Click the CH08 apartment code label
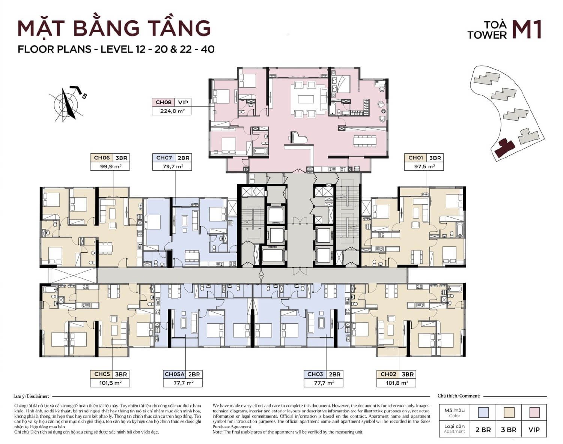[x=163, y=102]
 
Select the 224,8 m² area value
[x=172, y=111]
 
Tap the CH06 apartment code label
[x=101, y=158]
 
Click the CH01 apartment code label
[x=415, y=158]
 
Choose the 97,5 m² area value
[x=424, y=166]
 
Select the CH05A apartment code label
[x=175, y=374]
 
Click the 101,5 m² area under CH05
[x=110, y=383]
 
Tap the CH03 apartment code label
[x=315, y=374]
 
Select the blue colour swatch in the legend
[x=483, y=412]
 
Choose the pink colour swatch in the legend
[x=534, y=412]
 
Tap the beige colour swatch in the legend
[x=509, y=412]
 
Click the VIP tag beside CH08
[x=183, y=102]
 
